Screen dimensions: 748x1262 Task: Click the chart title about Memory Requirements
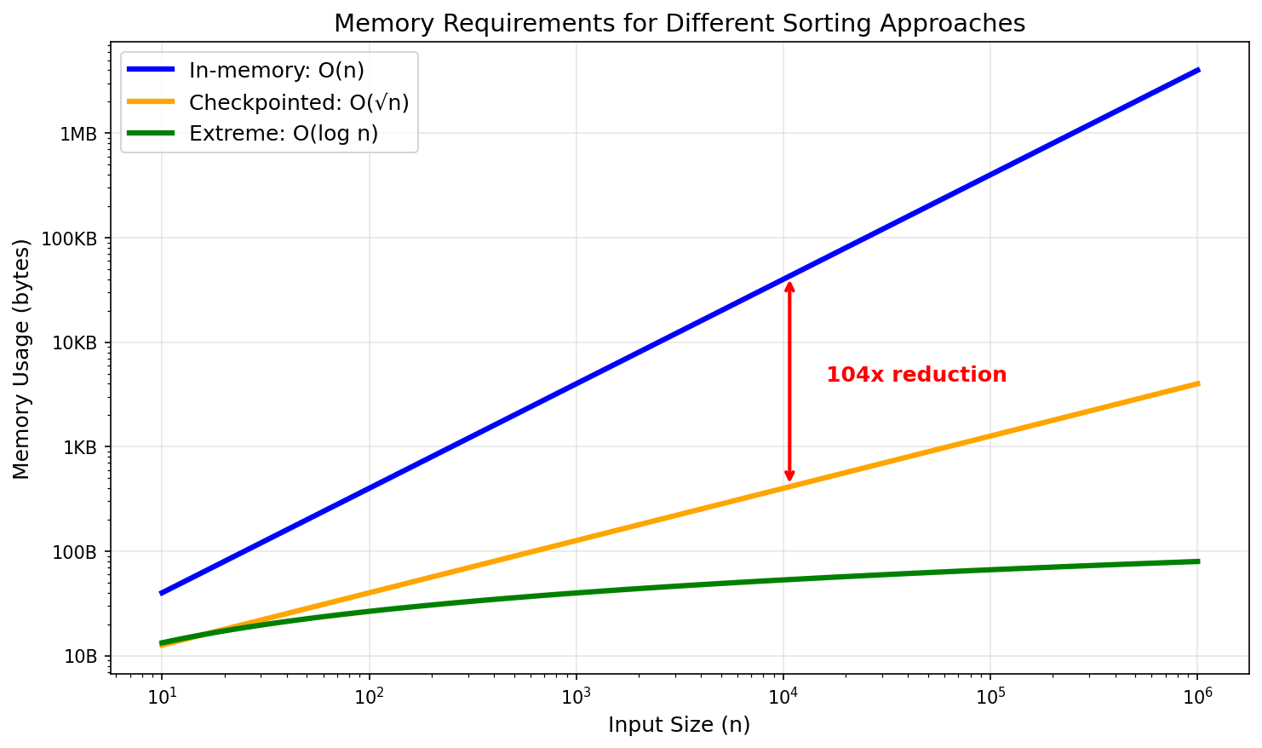click(679, 23)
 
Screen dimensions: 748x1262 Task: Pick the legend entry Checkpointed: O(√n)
click(298, 102)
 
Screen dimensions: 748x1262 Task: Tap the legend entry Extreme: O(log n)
click(284, 134)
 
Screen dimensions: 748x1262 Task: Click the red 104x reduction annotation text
click(916, 375)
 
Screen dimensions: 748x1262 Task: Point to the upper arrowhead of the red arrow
click(789, 285)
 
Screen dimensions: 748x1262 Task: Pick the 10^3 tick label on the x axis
click(577, 696)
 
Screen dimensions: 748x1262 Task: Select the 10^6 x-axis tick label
click(1197, 696)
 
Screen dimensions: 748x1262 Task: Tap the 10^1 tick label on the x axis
click(162, 696)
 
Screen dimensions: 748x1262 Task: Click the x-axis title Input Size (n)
click(679, 725)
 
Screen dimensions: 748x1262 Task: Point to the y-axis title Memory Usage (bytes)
click(22, 359)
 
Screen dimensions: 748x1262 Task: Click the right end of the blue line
click(1197, 70)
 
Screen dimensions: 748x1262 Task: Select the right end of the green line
click(1197, 561)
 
